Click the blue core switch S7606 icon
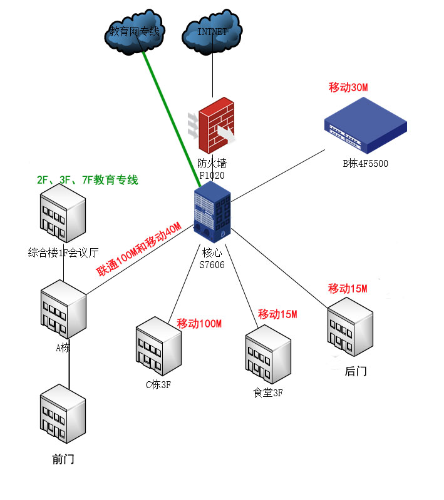click(x=212, y=216)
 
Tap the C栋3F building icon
click(x=158, y=347)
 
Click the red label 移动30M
click(x=348, y=87)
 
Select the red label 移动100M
click(x=199, y=323)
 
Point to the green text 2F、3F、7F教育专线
click(x=87, y=180)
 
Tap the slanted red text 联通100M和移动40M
click(x=138, y=249)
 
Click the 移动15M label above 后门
click(x=348, y=289)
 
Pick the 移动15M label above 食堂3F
click(x=277, y=313)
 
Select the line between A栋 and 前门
click(x=69, y=369)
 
